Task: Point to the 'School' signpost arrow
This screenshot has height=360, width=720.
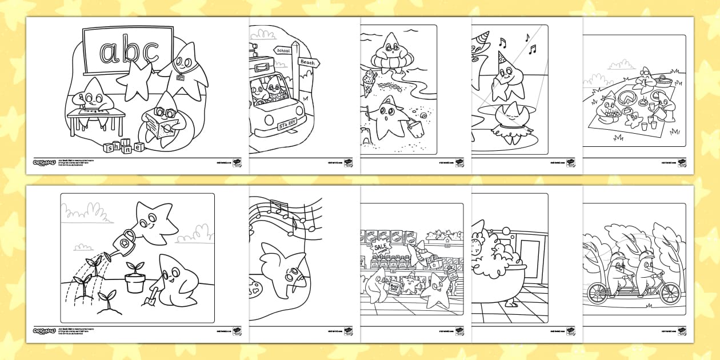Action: coord(282,50)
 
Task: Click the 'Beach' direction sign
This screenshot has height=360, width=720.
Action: coord(307,62)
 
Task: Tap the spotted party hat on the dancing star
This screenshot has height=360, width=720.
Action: coord(503,58)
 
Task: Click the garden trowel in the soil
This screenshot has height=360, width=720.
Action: coord(154,294)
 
